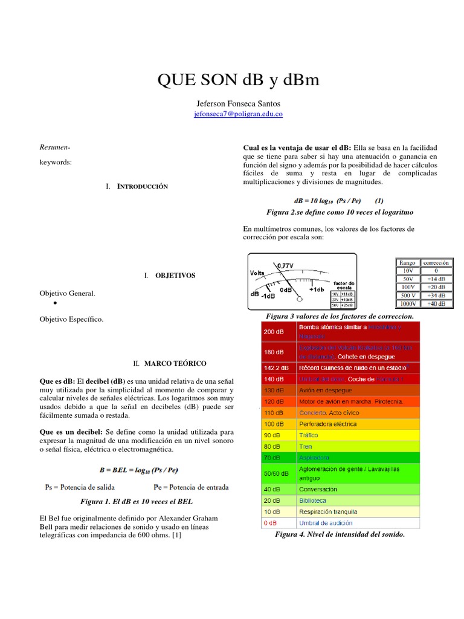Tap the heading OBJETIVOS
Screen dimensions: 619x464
(175, 275)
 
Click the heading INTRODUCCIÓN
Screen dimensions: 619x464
(142, 186)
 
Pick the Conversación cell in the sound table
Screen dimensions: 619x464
(318, 489)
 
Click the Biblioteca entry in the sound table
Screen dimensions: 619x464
(312, 501)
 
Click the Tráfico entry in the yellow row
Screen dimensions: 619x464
(308, 435)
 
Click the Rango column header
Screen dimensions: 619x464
(407, 263)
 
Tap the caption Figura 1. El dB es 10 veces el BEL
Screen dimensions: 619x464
(136, 502)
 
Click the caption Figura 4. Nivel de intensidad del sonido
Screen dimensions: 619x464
(340, 534)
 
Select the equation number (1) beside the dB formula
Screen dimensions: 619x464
(379, 200)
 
